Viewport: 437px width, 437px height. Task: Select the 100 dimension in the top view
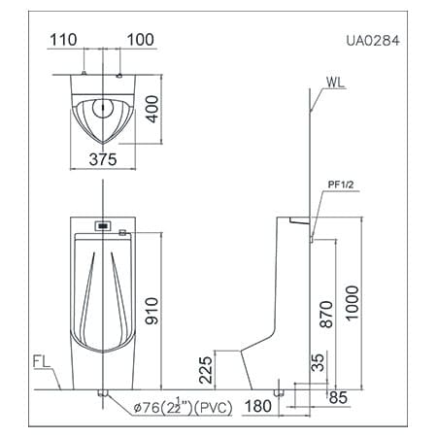click(140, 41)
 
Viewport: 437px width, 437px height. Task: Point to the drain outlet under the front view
click(102, 393)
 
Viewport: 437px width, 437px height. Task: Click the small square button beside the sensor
click(121, 230)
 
